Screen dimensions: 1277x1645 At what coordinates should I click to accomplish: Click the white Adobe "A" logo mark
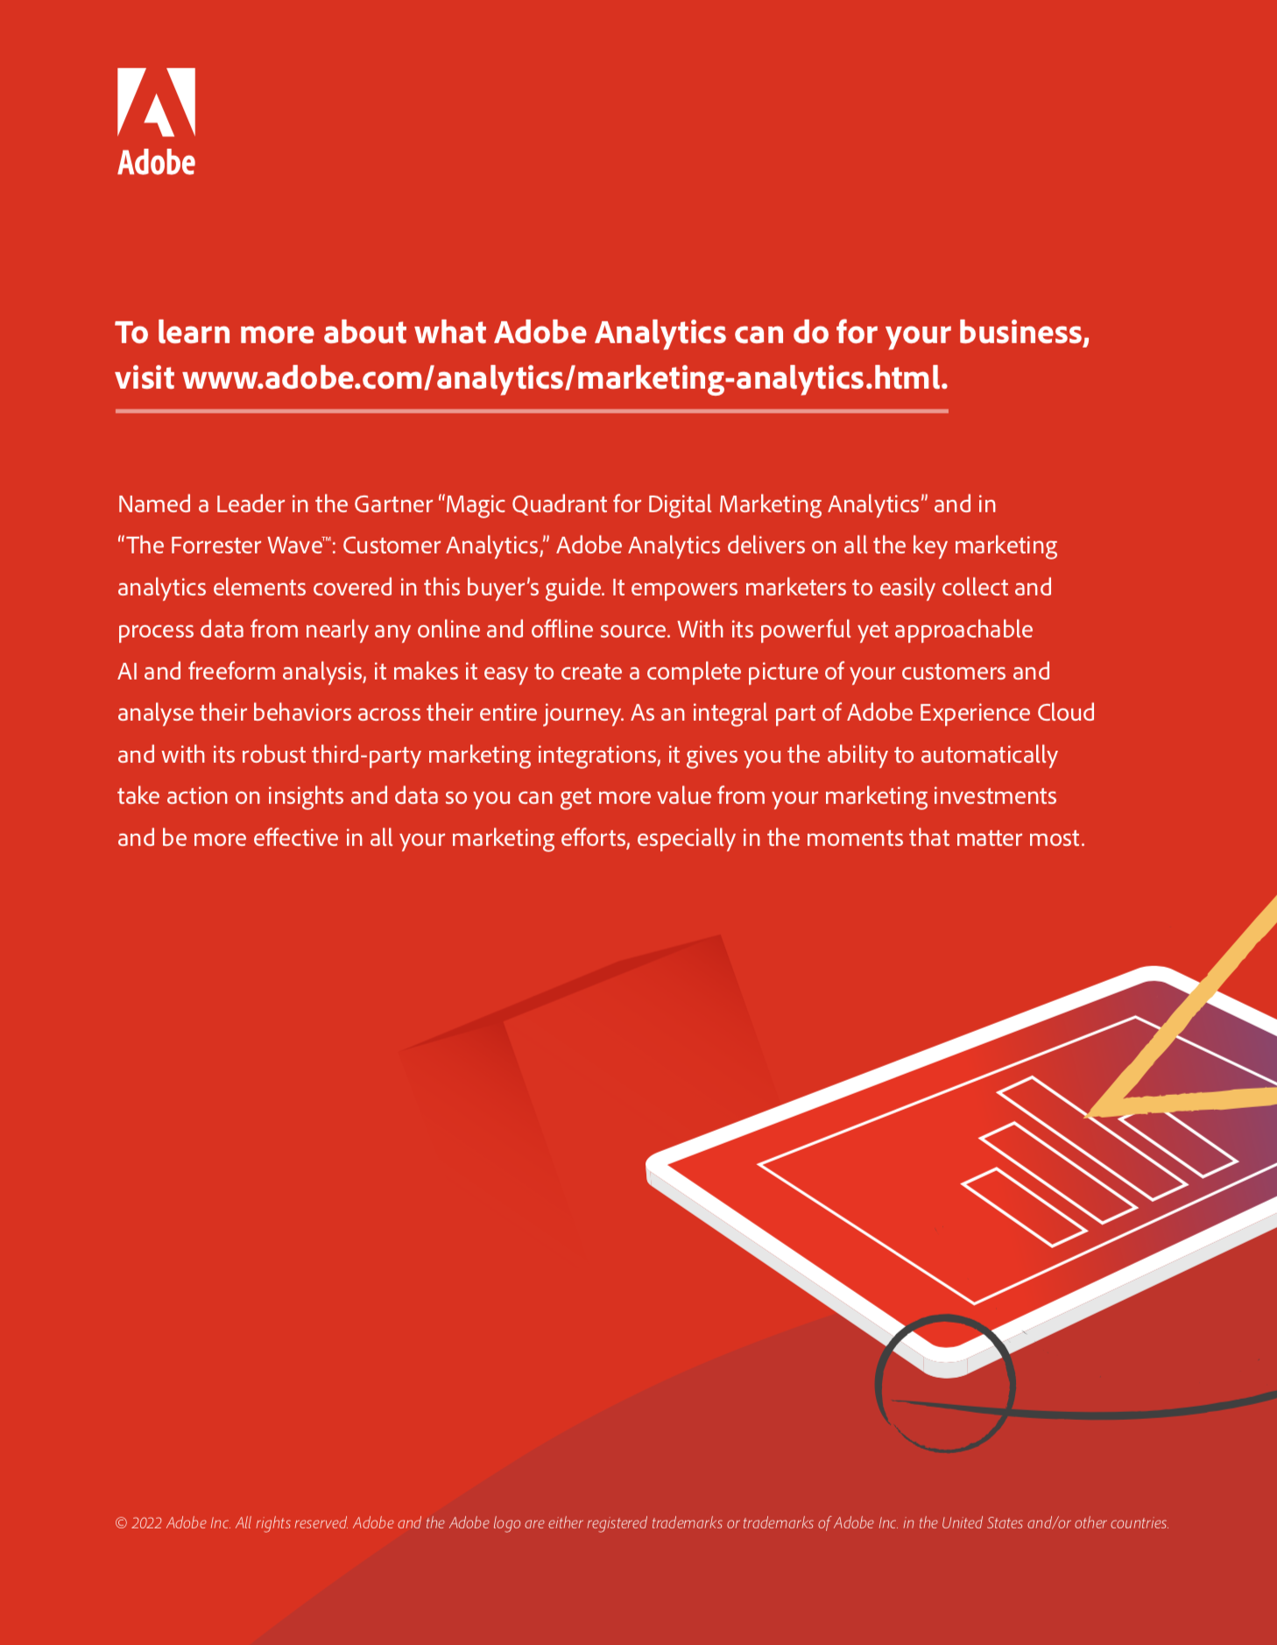[156, 102]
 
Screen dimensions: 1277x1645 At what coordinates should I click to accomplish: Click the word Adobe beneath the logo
[157, 163]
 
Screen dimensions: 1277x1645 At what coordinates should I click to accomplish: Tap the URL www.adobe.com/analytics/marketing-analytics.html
[565, 378]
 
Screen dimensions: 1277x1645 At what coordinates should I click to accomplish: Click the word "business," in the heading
[1024, 333]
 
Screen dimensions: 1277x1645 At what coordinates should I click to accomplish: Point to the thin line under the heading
[532, 410]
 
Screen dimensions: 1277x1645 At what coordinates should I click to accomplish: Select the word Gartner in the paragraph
[392, 505]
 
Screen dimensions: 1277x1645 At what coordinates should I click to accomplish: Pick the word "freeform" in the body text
[231, 672]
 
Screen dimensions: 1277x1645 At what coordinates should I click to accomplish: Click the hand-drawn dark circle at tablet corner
[878, 1384]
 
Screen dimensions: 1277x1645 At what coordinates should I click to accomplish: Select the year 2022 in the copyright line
[147, 1523]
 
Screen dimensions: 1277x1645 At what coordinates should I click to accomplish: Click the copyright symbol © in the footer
[122, 1523]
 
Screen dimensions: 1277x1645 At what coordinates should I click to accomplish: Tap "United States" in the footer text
[982, 1523]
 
